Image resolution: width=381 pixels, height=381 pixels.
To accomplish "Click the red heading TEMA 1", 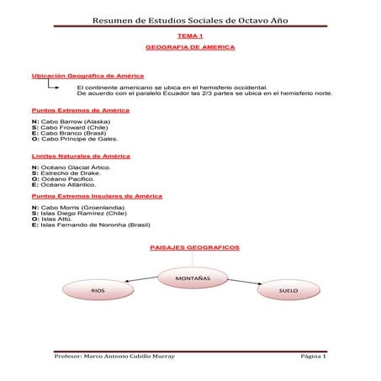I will click(x=190, y=37).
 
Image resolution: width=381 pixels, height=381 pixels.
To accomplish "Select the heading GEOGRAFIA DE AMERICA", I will click(x=190, y=48).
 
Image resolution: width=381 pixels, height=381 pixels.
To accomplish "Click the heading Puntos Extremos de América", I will click(x=80, y=110).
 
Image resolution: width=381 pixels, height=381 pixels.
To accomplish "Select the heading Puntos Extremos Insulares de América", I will click(x=96, y=195).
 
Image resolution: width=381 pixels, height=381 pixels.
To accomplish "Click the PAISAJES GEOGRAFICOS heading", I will click(x=194, y=249).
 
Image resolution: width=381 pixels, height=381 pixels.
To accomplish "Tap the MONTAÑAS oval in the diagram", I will click(x=193, y=277).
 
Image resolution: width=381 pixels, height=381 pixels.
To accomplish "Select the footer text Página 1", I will click(x=312, y=357).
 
